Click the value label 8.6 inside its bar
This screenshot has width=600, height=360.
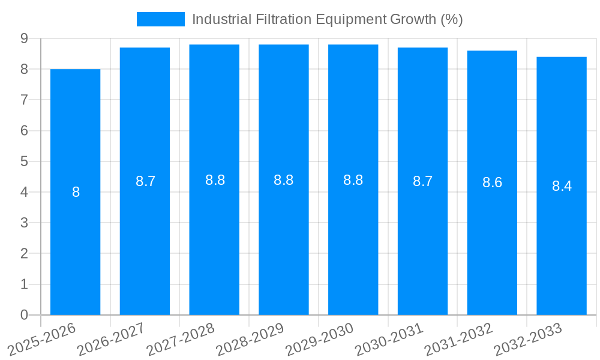pos(492,183)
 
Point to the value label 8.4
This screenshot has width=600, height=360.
pos(562,186)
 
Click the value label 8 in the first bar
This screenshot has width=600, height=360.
pos(76,193)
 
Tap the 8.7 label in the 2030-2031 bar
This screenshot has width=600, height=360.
pos(422,181)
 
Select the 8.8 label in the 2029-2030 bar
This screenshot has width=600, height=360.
pos(353,180)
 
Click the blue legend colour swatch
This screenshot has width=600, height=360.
pos(160,19)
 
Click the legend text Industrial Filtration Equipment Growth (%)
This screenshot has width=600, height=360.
pos(327,19)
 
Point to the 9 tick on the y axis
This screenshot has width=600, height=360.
pos(24,38)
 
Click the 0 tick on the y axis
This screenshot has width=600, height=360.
pos(24,315)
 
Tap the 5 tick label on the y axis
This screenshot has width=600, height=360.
pos(24,161)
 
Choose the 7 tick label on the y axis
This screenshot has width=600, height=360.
pos(24,100)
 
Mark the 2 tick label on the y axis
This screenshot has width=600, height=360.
pos(24,254)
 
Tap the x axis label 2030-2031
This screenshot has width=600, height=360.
pos(391,339)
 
